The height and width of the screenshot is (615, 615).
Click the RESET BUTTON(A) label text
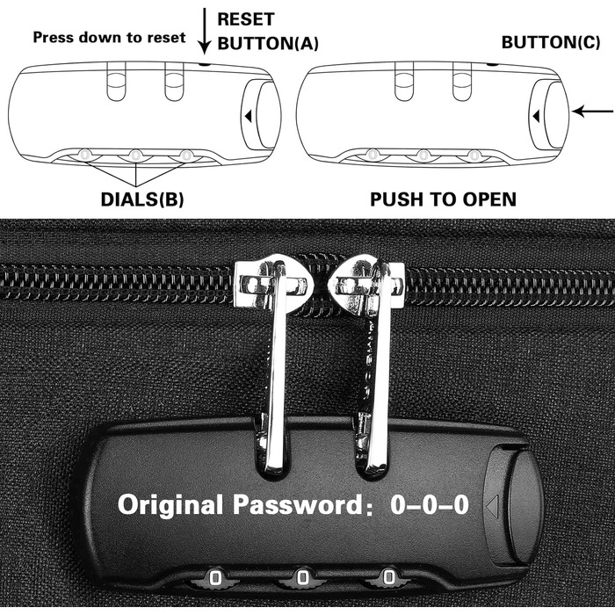point(268,32)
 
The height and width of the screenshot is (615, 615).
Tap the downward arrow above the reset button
point(205,31)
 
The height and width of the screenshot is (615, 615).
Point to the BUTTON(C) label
point(551,43)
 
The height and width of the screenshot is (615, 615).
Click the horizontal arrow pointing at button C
point(592,112)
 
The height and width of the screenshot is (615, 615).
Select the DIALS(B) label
point(142,199)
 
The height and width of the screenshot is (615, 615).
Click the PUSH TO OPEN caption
point(443,199)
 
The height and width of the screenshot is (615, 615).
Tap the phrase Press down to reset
point(109,38)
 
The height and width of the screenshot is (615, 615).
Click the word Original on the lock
point(170,505)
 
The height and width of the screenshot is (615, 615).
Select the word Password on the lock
point(299,504)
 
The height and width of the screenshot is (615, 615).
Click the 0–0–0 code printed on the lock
point(430,504)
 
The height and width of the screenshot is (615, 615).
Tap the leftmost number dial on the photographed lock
point(214,578)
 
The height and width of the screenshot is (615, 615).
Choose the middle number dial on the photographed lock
point(302,577)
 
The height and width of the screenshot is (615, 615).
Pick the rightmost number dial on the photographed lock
point(388,576)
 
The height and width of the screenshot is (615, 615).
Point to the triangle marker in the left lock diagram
point(248,116)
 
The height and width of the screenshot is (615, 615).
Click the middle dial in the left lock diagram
point(135,156)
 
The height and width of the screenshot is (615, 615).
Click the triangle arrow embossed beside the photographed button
point(492,506)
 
